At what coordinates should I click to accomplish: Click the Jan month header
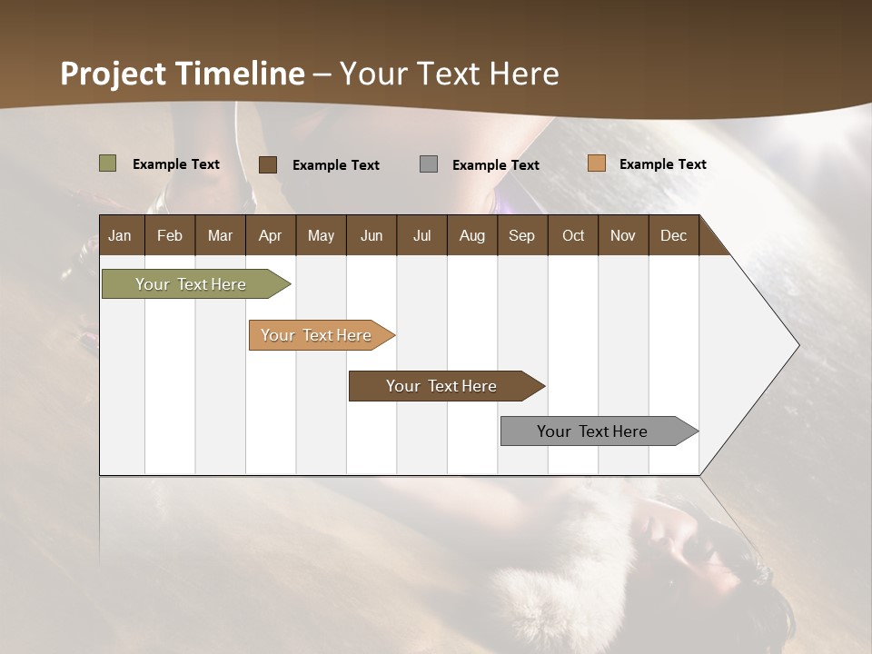pyautogui.click(x=120, y=235)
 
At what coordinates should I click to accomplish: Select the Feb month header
pyautogui.click(x=170, y=235)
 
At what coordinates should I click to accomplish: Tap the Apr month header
pyautogui.click(x=270, y=235)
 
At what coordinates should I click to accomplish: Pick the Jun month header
pyautogui.click(x=372, y=235)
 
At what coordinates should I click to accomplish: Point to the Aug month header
pyautogui.click(x=472, y=235)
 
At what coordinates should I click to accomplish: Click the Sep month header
pyautogui.click(x=522, y=235)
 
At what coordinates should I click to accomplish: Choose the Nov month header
pyautogui.click(x=623, y=235)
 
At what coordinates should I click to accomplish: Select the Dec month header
pyautogui.click(x=673, y=235)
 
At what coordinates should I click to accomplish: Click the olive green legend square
pyautogui.click(x=107, y=163)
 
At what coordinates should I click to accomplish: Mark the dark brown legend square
pyautogui.click(x=268, y=164)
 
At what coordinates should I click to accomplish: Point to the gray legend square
pyautogui.click(x=429, y=164)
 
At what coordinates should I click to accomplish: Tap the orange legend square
pyautogui.click(x=596, y=163)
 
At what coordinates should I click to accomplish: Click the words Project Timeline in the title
pyautogui.click(x=183, y=74)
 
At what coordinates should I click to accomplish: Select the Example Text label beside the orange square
pyautogui.click(x=662, y=164)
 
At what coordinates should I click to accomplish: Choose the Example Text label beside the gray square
pyautogui.click(x=495, y=165)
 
